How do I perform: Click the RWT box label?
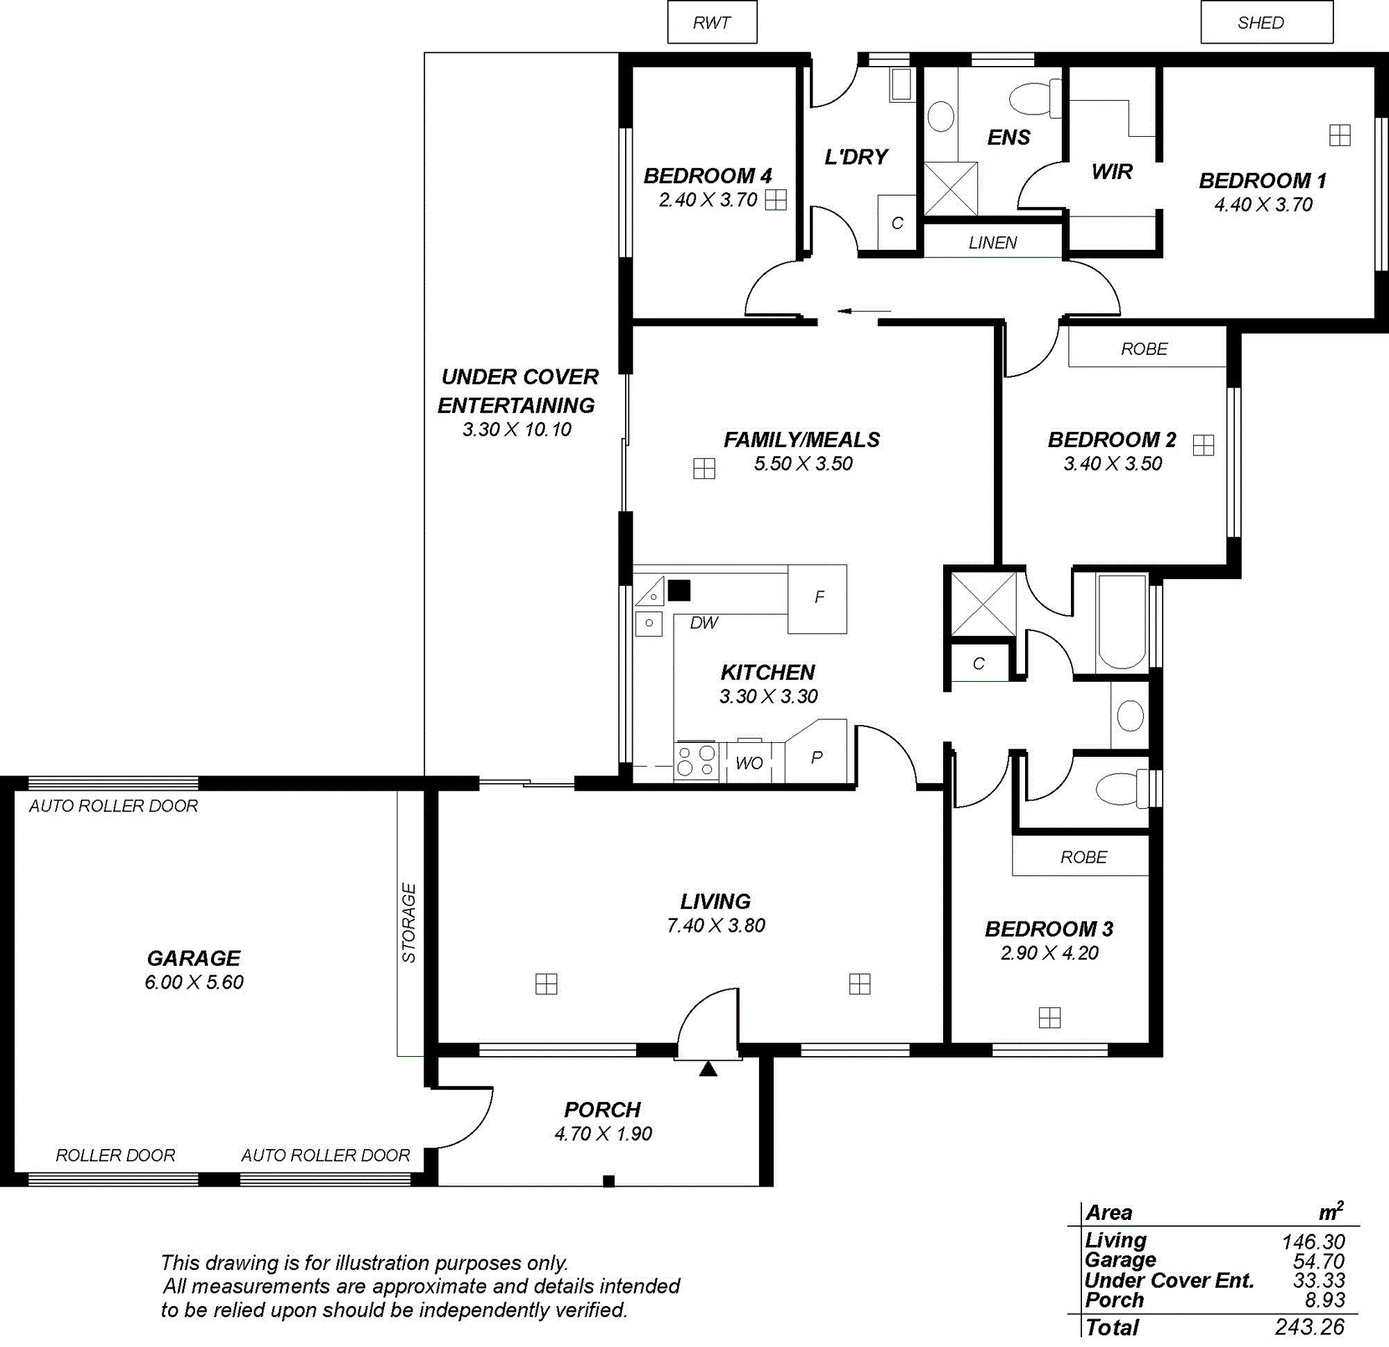click(x=711, y=23)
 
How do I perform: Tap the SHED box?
click(x=1266, y=23)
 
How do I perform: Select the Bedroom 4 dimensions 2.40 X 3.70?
click(x=708, y=201)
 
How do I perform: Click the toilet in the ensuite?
click(x=1034, y=99)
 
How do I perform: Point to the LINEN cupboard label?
click(x=993, y=243)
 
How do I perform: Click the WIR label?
click(x=1112, y=171)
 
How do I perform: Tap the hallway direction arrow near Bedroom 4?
click(x=864, y=310)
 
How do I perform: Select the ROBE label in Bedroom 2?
click(x=1144, y=349)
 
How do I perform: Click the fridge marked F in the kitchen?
click(x=817, y=599)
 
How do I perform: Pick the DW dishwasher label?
click(x=704, y=623)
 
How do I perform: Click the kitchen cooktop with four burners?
click(x=696, y=762)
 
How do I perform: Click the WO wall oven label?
click(x=749, y=763)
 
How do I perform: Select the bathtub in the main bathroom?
click(x=1122, y=622)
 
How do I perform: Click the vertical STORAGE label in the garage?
click(x=409, y=923)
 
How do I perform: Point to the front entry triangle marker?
click(x=708, y=1069)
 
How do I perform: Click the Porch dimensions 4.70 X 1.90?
click(x=603, y=1135)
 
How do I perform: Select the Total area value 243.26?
click(x=1309, y=1326)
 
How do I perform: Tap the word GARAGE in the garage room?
click(x=194, y=959)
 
